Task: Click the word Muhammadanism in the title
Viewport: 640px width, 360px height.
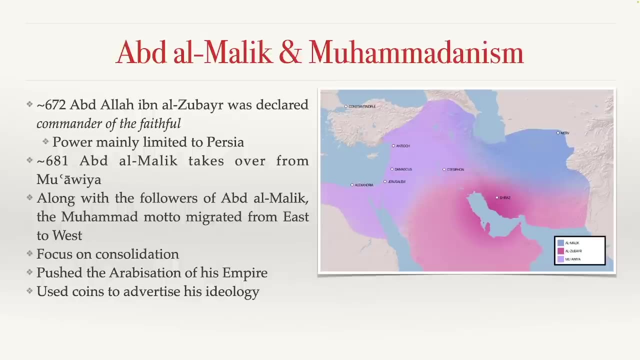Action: coord(416,52)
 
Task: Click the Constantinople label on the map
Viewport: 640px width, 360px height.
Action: coord(362,106)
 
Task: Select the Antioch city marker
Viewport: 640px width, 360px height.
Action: coord(393,145)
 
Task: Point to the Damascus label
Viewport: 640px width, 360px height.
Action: coord(403,169)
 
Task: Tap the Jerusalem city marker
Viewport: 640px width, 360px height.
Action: coord(385,181)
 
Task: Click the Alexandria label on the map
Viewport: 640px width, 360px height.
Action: coord(364,185)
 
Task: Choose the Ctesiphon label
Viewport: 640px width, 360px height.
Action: coord(455,169)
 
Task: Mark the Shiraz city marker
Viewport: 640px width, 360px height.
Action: coord(497,197)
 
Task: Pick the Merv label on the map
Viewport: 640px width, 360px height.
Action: coord(565,133)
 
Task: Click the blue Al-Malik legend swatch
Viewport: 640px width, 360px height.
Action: coord(560,243)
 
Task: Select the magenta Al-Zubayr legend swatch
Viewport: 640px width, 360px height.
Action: coord(560,251)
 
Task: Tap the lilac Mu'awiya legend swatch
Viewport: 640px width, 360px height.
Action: coord(560,259)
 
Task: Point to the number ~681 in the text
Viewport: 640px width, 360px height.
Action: coord(52,161)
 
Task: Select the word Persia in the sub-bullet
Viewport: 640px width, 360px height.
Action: coord(225,142)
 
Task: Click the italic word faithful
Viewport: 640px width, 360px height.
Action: coord(160,123)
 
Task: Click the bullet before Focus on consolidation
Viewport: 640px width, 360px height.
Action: coord(29,253)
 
